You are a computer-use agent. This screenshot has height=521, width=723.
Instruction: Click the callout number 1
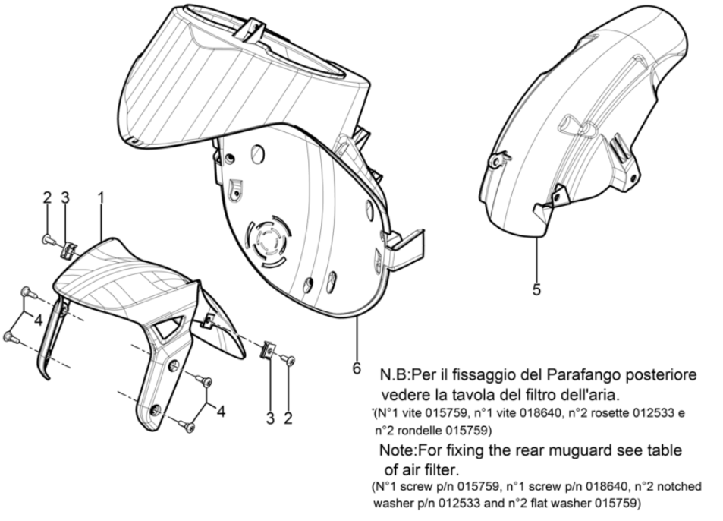pos(101,197)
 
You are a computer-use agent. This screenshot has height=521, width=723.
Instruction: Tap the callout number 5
pos(536,290)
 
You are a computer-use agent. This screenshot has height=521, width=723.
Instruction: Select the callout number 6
pos(357,368)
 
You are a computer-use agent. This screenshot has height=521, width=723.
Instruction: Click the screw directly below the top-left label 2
pos(48,240)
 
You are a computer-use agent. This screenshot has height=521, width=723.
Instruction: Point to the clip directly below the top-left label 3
pos(66,246)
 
